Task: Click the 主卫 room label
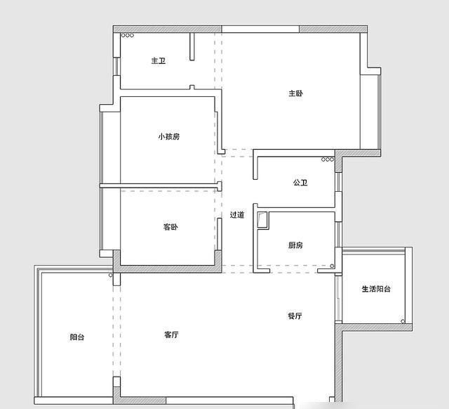click(158, 61)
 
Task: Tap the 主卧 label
click(295, 93)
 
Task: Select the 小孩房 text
click(168, 136)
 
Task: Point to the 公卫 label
click(300, 183)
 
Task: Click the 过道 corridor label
click(237, 215)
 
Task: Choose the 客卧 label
click(170, 227)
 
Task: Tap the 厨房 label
click(295, 245)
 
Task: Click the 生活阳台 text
click(375, 289)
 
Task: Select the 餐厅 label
click(295, 316)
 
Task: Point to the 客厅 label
click(170, 335)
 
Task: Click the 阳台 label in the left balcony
click(77, 337)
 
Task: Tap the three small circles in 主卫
click(128, 35)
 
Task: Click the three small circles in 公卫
click(327, 160)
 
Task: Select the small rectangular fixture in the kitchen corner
click(262, 220)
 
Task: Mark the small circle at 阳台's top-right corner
click(110, 275)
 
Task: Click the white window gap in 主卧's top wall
click(260, 29)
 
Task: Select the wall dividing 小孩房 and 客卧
click(160, 186)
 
